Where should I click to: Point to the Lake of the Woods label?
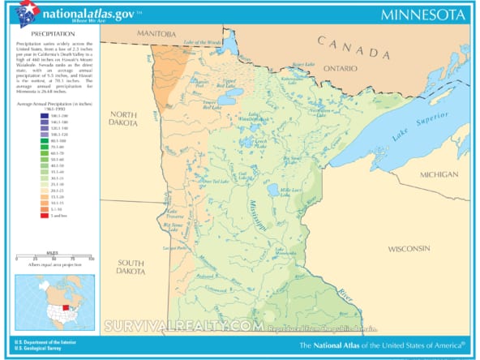(x=203, y=41)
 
